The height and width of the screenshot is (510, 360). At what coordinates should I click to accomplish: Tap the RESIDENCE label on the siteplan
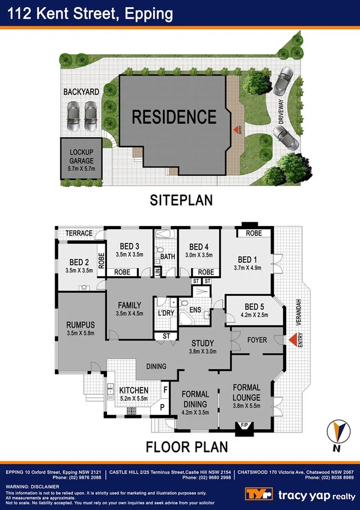click(174, 117)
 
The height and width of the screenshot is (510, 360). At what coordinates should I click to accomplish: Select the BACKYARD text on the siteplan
click(82, 92)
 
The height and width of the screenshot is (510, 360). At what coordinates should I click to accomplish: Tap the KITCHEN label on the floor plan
click(133, 391)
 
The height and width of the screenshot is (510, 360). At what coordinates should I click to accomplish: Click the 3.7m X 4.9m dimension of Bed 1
click(248, 268)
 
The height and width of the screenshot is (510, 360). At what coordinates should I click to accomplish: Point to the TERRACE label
click(79, 233)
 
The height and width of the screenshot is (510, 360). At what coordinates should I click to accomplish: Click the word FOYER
click(257, 340)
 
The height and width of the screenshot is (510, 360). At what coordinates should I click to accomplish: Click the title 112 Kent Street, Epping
click(88, 13)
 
